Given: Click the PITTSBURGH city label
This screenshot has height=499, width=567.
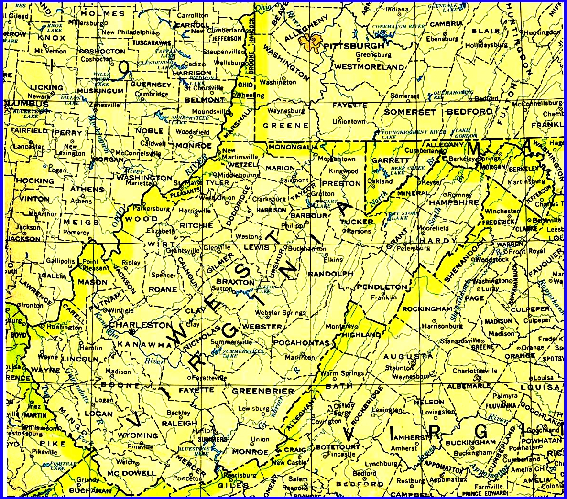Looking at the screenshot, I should pos(354,46).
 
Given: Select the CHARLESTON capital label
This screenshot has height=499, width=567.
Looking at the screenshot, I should pos(141,325).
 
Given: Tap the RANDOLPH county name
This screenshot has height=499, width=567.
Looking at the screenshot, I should pos(331,274).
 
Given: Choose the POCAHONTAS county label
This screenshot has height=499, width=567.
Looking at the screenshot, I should pos(301,343).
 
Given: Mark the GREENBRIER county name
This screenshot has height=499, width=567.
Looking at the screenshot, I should pos(263,391).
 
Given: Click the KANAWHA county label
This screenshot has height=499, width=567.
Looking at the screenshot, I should pos(141,344).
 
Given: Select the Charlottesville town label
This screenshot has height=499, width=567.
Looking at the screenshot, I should pos(475,371).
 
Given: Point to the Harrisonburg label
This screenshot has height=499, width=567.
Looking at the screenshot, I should pos(442,326).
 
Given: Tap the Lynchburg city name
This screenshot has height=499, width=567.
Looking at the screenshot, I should pos(382,464).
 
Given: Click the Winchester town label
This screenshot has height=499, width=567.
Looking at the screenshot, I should pos(502,211).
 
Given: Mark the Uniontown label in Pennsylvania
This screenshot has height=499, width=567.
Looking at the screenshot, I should pos(349,122).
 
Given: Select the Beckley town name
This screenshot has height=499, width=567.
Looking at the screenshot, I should pos(179,413).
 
